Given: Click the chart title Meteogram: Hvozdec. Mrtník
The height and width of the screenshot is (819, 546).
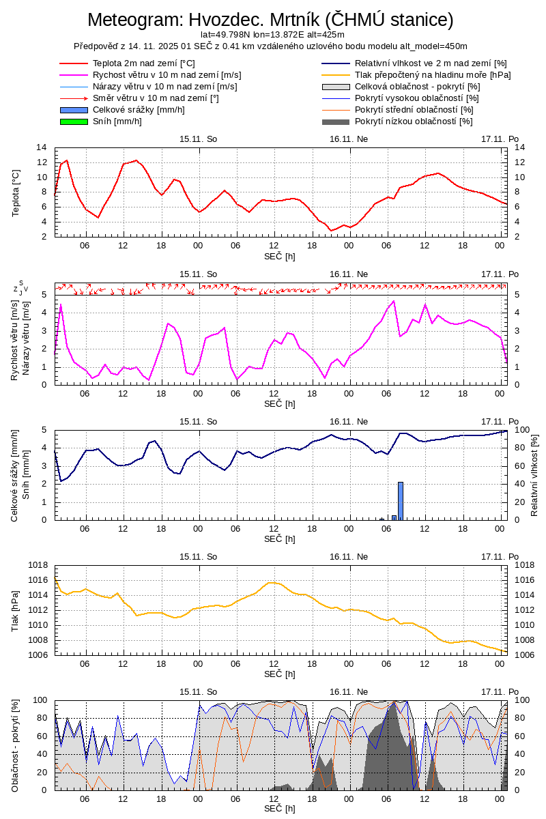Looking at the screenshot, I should pos(270,20).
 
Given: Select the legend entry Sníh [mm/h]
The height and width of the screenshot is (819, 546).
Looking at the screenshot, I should pos(117,121).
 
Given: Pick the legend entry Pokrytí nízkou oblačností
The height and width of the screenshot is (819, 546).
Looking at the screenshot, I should pos(414,121).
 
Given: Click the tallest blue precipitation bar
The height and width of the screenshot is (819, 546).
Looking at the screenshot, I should pos(401,500).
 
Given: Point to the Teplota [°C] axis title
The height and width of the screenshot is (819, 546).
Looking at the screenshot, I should pos(16,192).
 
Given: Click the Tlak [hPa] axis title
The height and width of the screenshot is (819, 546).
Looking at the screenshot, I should pos(16,610).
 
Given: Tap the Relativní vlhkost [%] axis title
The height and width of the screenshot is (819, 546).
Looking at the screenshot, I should pos(534,474).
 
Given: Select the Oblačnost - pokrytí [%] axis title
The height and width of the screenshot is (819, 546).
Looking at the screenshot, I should pos(16,745).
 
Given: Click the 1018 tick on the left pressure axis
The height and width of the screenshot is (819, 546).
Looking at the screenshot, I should pos(38,565).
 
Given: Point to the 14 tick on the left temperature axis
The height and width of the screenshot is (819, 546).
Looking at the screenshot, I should pos(42,147).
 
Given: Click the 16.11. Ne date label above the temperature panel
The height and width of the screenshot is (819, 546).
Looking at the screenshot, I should pos(349,139).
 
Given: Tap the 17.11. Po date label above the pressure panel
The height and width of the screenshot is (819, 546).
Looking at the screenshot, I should pos(500,556).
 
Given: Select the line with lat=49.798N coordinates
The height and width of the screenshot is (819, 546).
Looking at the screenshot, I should pos(272,34).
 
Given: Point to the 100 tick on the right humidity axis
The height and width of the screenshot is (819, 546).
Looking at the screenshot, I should pos(521,430).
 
